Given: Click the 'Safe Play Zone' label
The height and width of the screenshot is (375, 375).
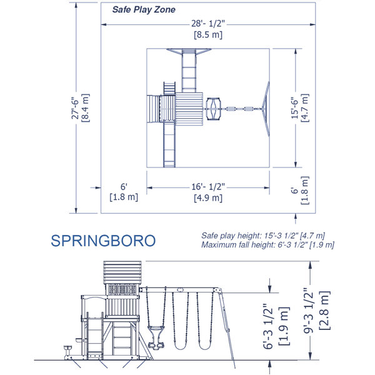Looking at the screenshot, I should click(144, 10).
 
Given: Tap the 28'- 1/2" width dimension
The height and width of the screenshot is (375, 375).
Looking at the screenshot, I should click(209, 24).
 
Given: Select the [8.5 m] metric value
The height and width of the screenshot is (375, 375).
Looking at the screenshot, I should click(209, 35).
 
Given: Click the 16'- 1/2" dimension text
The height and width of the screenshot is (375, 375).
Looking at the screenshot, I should click(209, 187).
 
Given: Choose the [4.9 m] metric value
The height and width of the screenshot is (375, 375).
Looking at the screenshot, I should click(209, 197).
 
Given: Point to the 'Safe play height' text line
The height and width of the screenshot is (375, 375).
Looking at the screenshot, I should click(263, 235).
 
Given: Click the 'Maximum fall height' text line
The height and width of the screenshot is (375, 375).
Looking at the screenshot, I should click(268, 244).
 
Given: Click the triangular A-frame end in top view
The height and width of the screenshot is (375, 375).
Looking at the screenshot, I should click(266, 109).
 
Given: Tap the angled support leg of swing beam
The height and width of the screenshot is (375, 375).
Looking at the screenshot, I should click(229, 331).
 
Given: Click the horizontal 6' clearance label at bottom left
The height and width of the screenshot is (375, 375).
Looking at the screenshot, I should click(124, 187).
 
